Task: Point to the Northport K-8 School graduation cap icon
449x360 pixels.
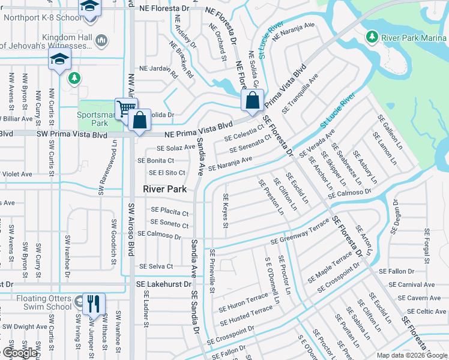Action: (x=89, y=8)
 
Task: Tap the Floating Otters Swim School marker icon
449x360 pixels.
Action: (x=78, y=301)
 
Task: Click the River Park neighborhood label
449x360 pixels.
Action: (x=166, y=189)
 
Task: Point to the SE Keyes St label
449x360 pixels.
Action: (x=226, y=211)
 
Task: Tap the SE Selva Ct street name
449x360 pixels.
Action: (x=155, y=266)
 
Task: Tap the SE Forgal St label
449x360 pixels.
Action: (x=427, y=246)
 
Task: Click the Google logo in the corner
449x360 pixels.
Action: (x=20, y=353)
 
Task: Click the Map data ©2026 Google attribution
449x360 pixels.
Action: (x=412, y=355)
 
